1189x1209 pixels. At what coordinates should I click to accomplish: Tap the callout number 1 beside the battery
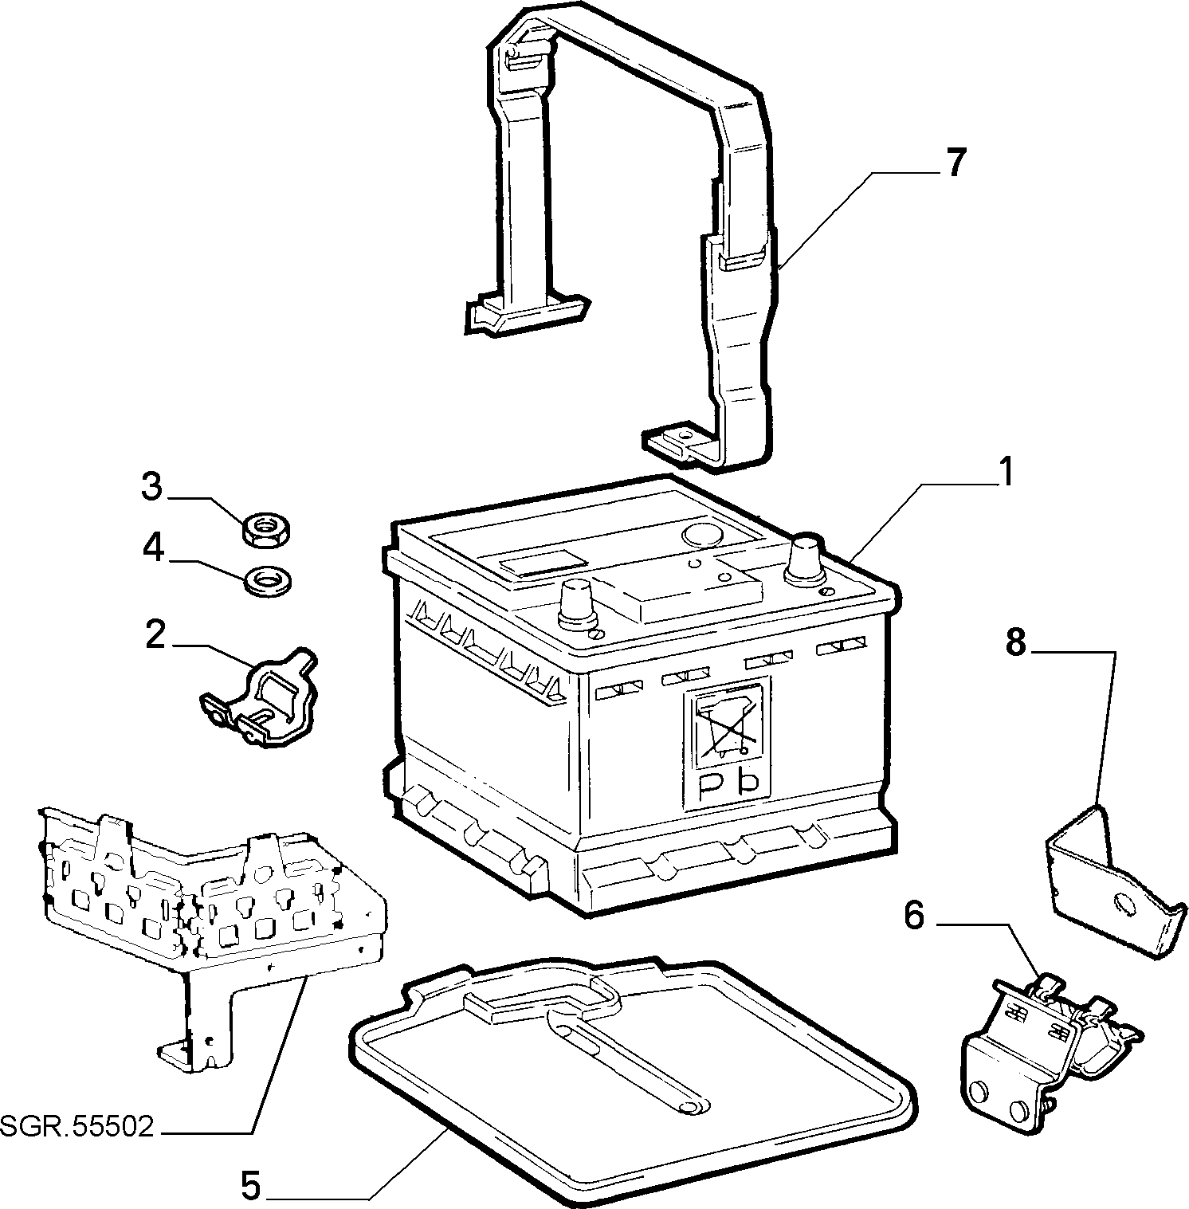1007,473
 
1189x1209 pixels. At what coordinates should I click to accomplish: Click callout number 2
155,634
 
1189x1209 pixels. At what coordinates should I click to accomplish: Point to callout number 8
1014,642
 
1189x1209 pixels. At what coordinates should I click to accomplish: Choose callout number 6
914,916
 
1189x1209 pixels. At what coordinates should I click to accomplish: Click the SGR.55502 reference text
77,1129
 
